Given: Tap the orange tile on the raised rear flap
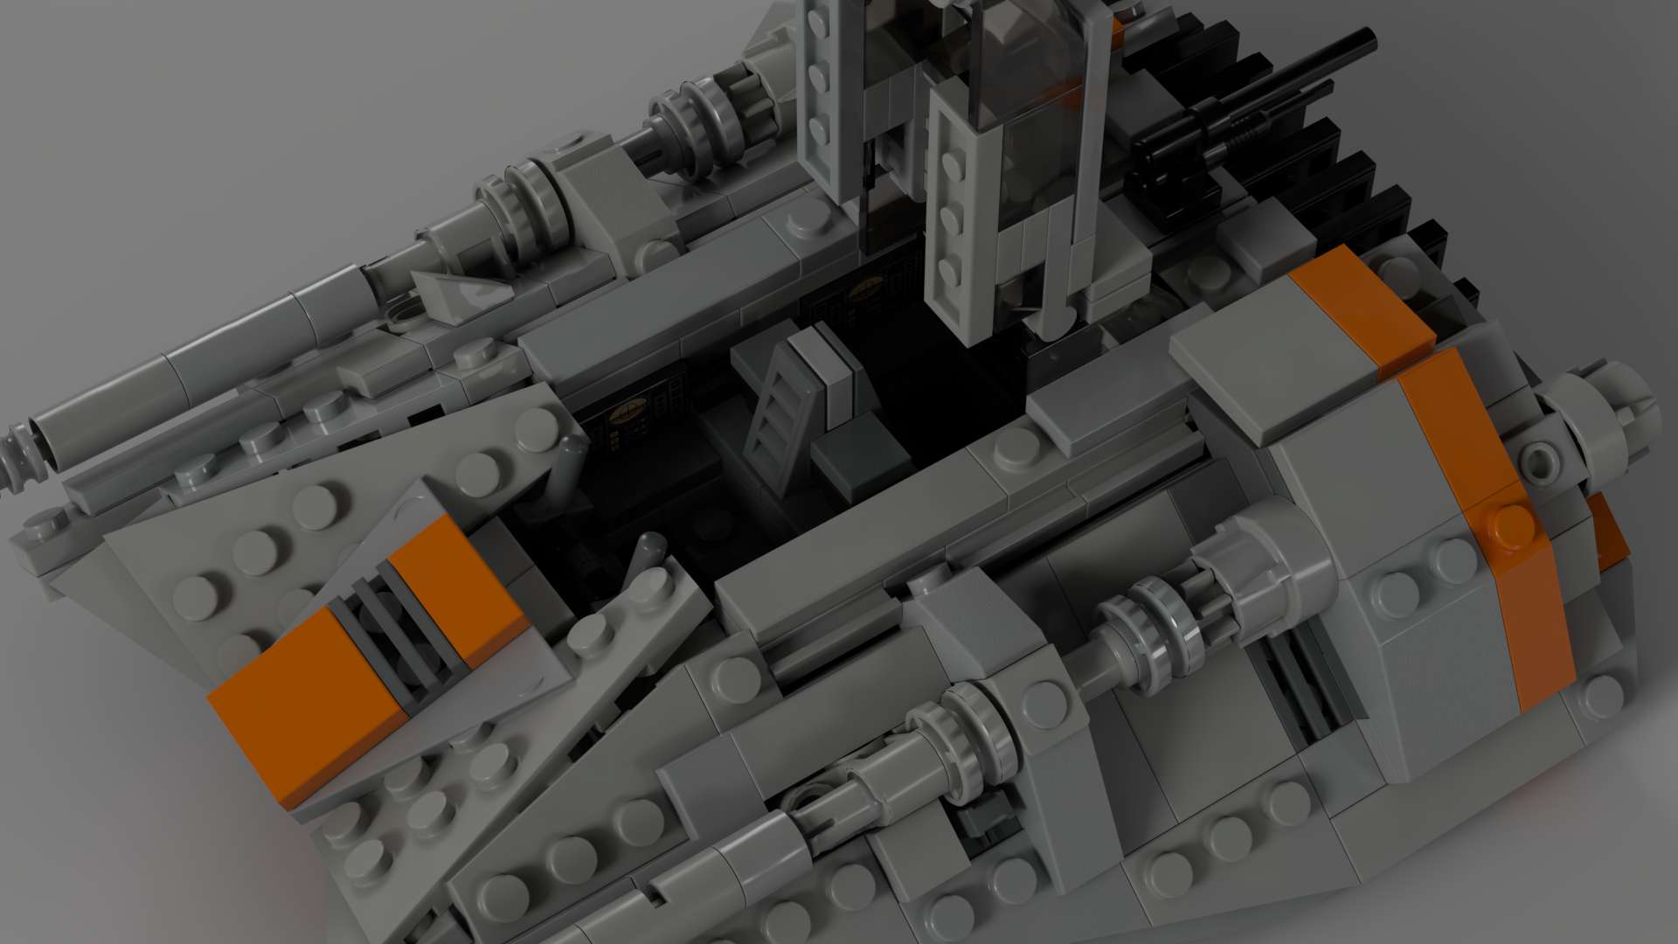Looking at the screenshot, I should coord(1359,302).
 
